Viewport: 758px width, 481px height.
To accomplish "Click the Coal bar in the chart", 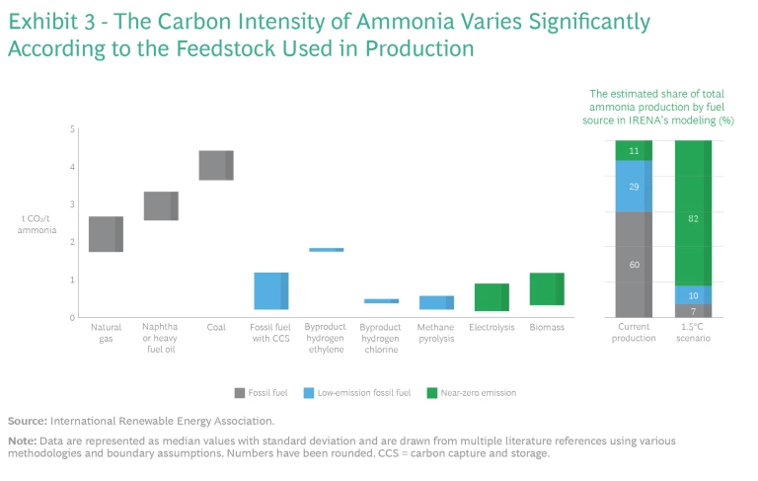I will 216,166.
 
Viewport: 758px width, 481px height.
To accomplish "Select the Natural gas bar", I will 106,234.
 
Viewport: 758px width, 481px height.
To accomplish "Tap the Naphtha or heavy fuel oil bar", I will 161,205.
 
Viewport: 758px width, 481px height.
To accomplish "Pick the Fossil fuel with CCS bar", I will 271,291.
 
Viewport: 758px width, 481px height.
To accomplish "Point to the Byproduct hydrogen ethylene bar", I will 326,250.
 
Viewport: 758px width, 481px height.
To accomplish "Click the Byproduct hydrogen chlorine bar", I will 381,301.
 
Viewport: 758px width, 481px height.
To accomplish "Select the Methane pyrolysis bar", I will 436,303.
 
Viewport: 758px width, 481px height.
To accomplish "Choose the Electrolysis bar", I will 492,297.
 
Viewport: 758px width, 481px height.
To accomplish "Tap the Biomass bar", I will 547,289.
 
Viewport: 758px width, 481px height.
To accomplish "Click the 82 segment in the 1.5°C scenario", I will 693,218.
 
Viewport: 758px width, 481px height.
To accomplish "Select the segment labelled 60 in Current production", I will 635,264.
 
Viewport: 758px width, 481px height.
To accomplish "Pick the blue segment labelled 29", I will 635,187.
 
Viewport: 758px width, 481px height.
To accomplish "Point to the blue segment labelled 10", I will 693,295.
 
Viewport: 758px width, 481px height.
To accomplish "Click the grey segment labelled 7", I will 693,311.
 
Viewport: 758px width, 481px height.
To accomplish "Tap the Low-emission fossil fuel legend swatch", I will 336,392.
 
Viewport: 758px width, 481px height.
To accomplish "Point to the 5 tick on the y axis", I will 71,129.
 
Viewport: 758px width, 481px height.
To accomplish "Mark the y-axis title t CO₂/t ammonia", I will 32,223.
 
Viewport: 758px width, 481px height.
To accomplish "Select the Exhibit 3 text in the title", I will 49,22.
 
